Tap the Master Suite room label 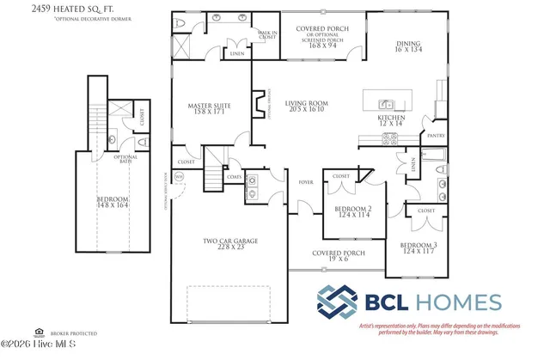pos(206,110)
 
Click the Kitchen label pos(392,119)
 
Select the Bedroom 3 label pos(419,247)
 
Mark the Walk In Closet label pos(268,34)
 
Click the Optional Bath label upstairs pos(126,160)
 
